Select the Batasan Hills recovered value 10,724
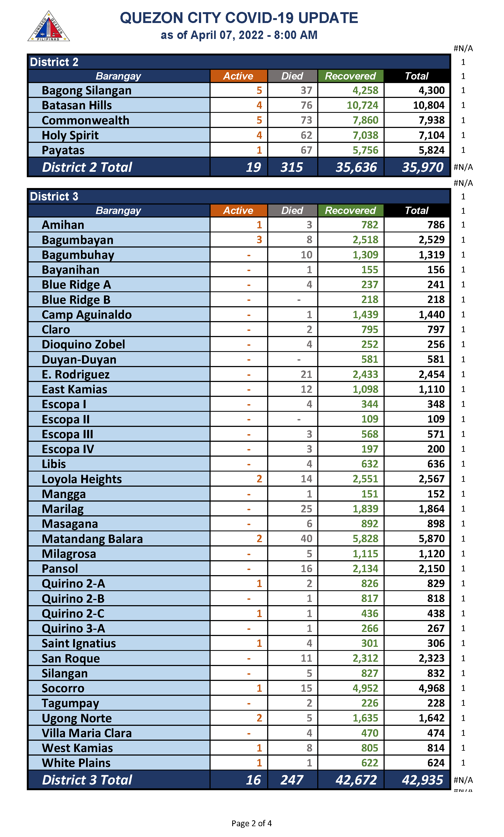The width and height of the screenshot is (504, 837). tap(362, 105)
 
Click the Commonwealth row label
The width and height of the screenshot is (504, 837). tap(85, 120)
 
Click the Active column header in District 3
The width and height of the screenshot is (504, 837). tap(238, 210)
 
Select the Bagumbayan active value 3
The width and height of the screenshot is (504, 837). tap(259, 240)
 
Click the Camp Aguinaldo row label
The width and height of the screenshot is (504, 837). tap(87, 315)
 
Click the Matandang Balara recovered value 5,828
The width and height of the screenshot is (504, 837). tap(365, 539)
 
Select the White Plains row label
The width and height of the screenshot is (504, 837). tap(76, 763)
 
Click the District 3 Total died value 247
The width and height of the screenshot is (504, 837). tap(292, 780)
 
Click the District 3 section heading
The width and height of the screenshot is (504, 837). tap(54, 196)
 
